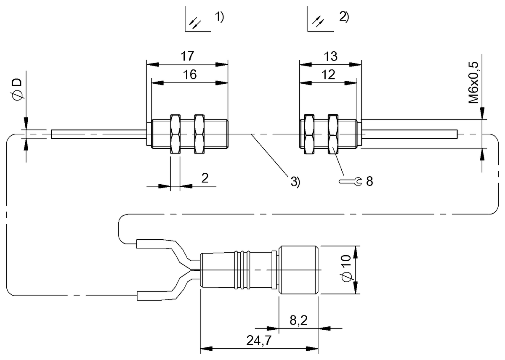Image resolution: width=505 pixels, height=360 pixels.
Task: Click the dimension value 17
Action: [187, 56]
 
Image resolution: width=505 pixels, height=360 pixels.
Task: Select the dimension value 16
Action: [190, 75]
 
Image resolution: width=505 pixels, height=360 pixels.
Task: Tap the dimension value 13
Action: [331, 56]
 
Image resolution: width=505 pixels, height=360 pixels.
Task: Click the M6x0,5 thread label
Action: [474, 82]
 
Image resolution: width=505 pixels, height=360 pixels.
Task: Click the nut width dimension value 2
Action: [205, 178]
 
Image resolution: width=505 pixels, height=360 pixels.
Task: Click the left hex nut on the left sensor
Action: [175, 133]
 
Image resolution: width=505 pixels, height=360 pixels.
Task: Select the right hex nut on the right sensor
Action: [333, 133]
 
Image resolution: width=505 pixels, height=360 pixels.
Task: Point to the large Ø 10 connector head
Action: [298, 270]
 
